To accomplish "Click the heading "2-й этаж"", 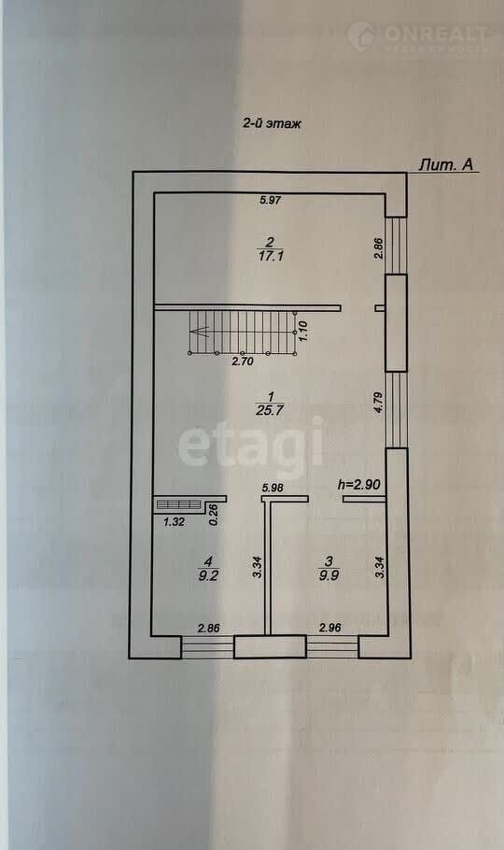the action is (x=272, y=123).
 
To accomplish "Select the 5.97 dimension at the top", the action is (x=271, y=200).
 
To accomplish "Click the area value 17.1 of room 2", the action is (x=271, y=256).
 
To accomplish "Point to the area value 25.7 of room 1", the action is (x=270, y=410).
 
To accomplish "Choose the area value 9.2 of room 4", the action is (x=208, y=575).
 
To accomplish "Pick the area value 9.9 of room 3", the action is (x=329, y=575).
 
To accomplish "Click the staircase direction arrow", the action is (x=200, y=330).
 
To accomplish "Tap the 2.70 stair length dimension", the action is (x=243, y=361).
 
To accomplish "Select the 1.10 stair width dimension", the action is (x=303, y=330).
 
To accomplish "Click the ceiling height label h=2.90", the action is (x=358, y=484).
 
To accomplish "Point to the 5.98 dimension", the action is (x=272, y=488).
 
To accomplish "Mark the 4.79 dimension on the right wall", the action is (x=379, y=403).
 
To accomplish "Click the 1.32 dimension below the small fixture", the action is (x=175, y=522).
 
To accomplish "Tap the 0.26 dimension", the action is (x=213, y=514).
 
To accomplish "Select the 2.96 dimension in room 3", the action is (x=330, y=629).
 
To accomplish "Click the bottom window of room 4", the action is (x=207, y=647).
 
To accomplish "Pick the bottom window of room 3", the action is (x=332, y=646).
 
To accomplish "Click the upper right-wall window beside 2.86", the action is (x=396, y=246).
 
